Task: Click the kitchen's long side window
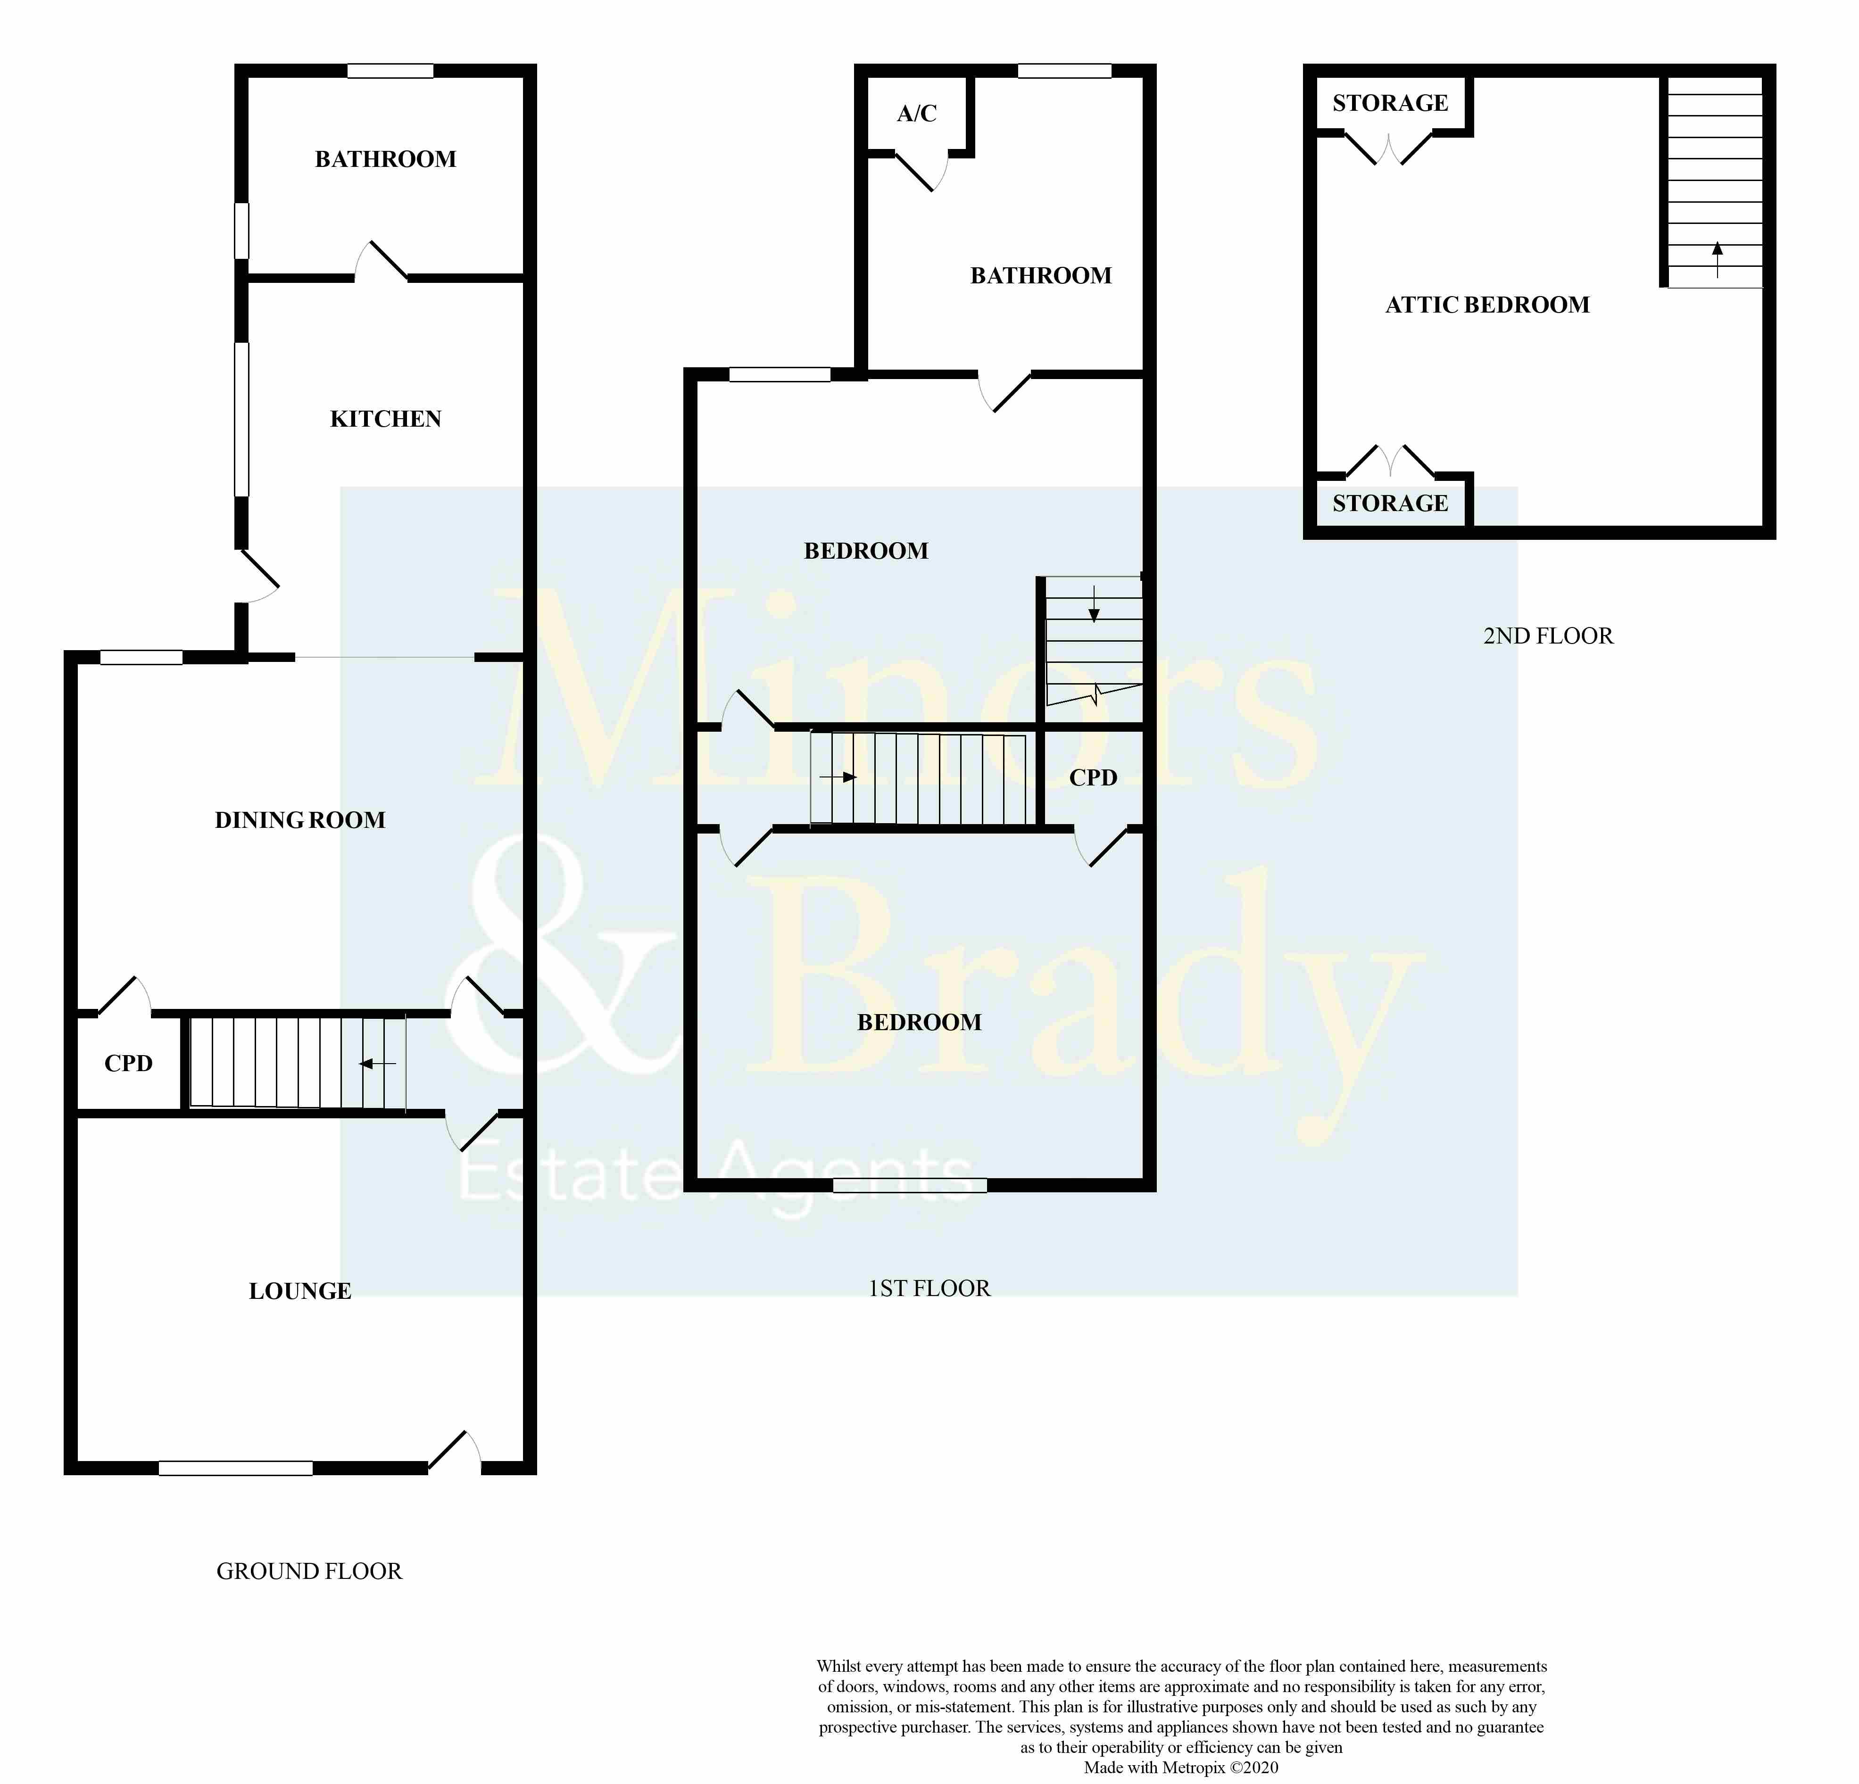click(x=242, y=419)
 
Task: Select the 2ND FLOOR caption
click(x=1548, y=636)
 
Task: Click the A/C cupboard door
click(x=920, y=173)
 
